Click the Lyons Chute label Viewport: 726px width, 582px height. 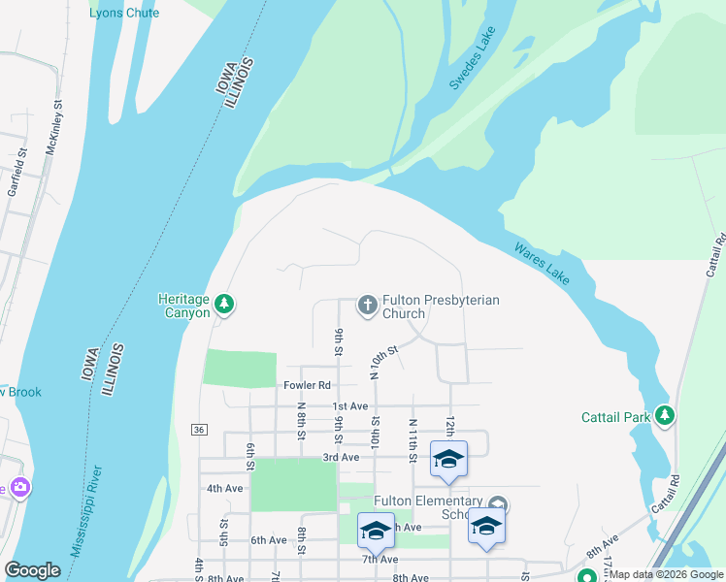pos(124,13)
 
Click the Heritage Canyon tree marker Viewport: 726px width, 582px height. pos(224,306)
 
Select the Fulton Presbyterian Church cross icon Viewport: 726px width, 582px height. pos(368,306)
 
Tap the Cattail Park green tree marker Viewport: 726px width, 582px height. pos(665,416)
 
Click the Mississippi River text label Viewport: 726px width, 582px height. pos(87,509)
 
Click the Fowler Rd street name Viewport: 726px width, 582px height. pos(300,385)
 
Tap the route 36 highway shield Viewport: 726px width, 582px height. pos(199,429)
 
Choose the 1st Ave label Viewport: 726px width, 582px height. pos(350,405)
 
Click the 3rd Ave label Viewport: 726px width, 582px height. pos(342,457)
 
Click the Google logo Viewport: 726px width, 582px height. pos(33,569)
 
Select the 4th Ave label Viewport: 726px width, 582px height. pos(224,488)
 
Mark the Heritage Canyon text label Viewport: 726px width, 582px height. pos(183,307)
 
